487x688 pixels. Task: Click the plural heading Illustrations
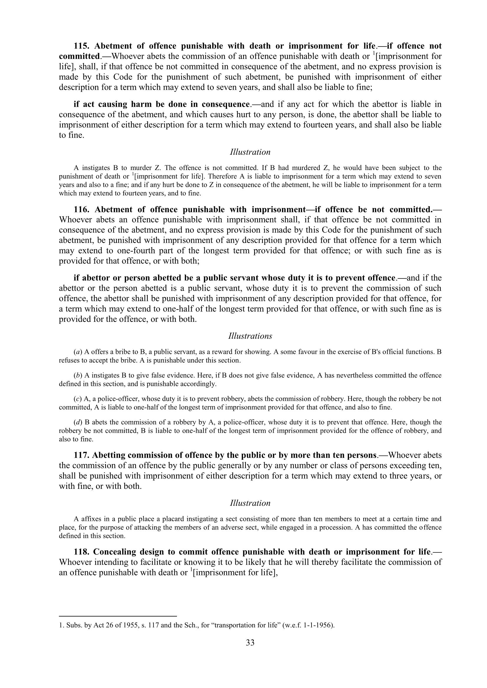250,336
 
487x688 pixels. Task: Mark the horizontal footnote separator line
118,616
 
